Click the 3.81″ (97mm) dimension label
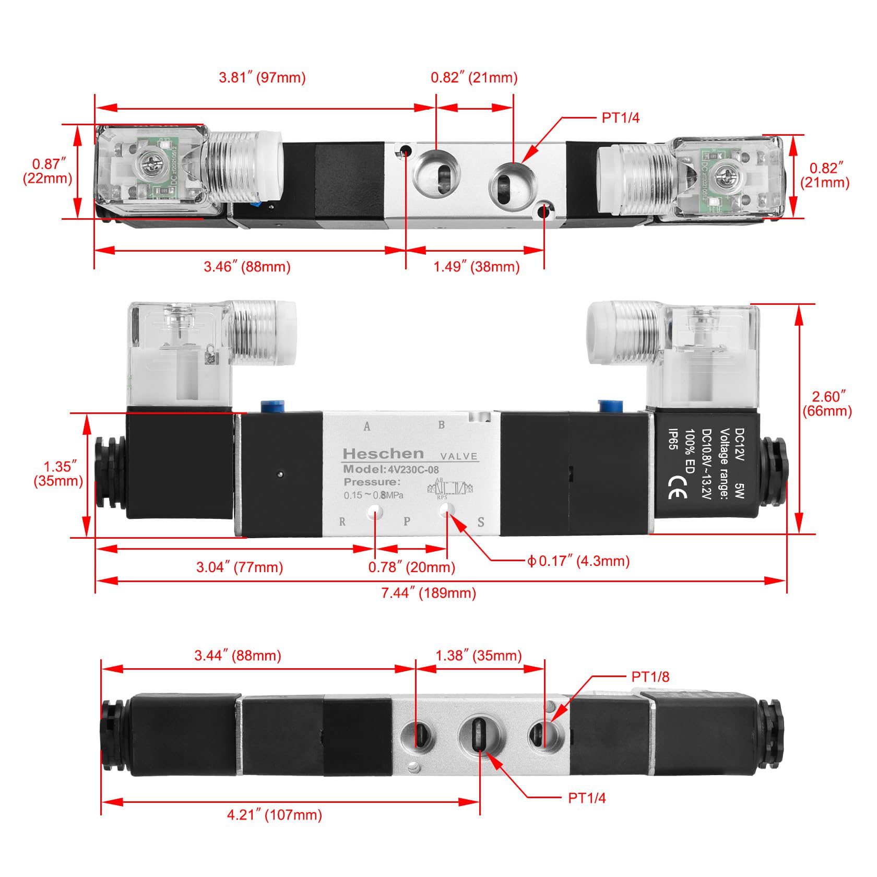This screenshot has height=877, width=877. click(x=262, y=78)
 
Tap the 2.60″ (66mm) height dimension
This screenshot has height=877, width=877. click(x=827, y=404)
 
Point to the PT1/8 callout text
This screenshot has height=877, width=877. click(x=650, y=677)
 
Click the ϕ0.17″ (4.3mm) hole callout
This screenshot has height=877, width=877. click(x=578, y=561)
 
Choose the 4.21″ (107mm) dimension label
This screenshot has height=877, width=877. click(x=274, y=814)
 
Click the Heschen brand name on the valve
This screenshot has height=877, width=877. click(x=383, y=453)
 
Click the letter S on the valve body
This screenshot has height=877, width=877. click(x=481, y=522)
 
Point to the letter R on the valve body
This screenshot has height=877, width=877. click(x=342, y=522)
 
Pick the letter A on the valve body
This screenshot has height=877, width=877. click(x=367, y=426)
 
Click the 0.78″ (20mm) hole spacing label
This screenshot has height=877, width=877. click(x=411, y=567)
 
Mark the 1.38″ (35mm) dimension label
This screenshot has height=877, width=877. click(x=479, y=656)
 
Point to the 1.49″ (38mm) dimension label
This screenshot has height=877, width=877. click(x=477, y=267)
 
